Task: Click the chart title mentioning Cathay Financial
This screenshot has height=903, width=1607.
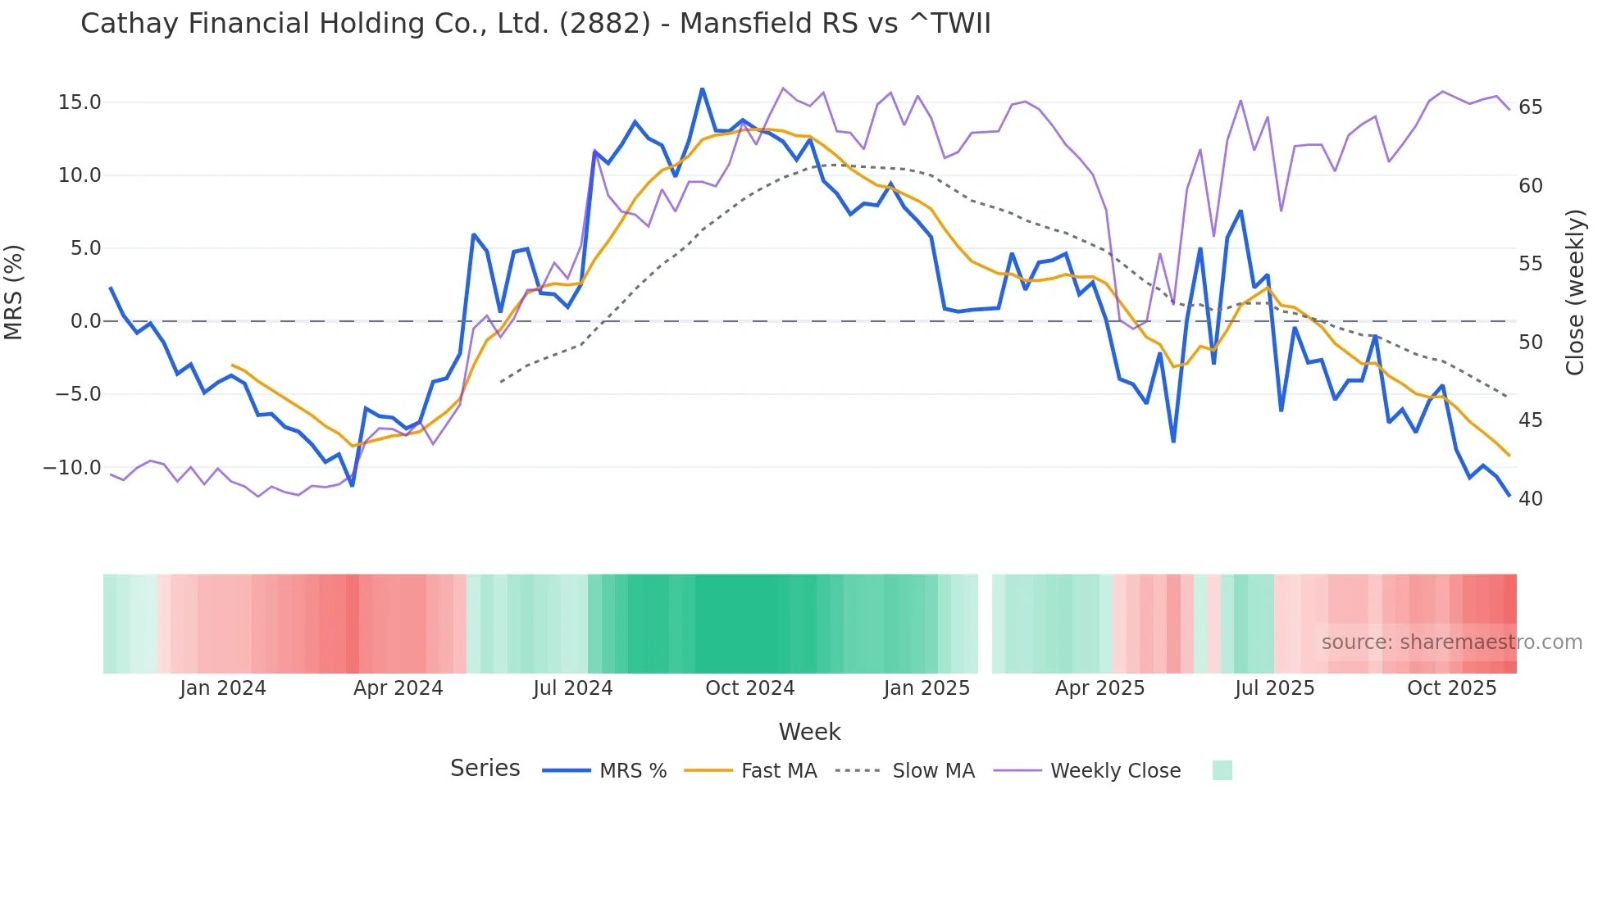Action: tap(535, 23)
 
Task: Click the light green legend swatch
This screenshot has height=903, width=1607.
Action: tap(1222, 770)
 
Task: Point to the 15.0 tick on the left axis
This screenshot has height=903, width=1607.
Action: tap(80, 102)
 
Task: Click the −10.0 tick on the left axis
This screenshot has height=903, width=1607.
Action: tap(72, 468)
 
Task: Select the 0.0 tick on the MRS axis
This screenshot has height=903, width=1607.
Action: tap(85, 321)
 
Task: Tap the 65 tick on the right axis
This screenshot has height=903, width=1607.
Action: tap(1530, 107)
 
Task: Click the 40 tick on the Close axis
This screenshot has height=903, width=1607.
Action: tap(1530, 499)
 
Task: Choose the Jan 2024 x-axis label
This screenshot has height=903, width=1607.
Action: tap(223, 688)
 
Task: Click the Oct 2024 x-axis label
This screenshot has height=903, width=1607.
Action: tap(749, 688)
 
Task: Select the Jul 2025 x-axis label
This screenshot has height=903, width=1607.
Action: tap(1274, 688)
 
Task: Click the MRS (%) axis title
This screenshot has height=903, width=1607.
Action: tap(14, 293)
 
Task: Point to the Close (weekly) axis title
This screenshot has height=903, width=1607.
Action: tap(1574, 293)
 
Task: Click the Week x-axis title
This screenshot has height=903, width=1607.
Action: tap(809, 732)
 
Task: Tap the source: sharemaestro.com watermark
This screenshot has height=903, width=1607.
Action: tap(1451, 642)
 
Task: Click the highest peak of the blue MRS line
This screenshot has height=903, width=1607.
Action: tap(702, 88)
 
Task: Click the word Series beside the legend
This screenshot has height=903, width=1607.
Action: tap(485, 769)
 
